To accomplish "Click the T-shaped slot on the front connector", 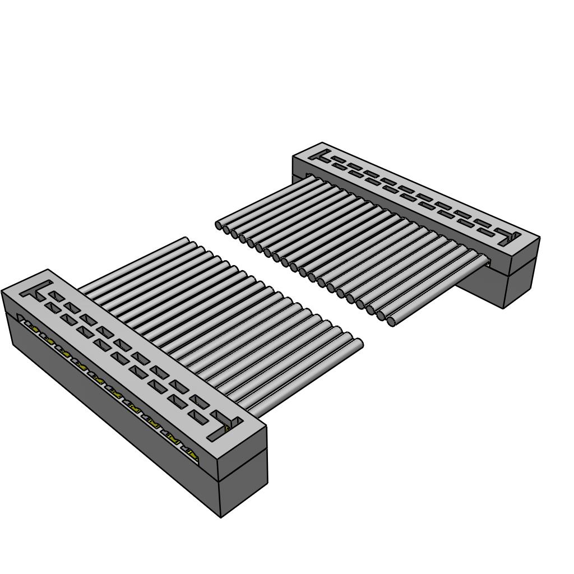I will point(35,290).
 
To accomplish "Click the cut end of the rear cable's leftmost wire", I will point(219,225).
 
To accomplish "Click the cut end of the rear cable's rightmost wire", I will point(391,322).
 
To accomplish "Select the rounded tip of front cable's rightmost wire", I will point(359,344).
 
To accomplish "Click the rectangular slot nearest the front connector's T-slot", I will point(55,295).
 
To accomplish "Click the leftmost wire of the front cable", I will point(135,263).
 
